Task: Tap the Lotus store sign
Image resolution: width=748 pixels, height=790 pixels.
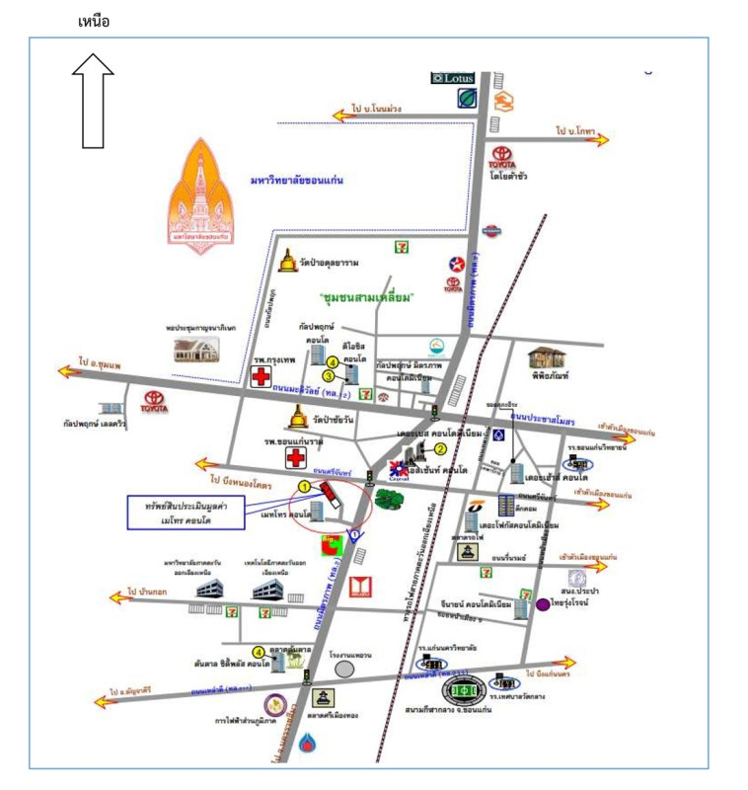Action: click(x=453, y=77)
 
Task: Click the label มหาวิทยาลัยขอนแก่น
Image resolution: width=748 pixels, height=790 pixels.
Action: click(x=295, y=179)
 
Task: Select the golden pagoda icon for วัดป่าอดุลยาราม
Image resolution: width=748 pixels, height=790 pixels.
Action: click(x=286, y=262)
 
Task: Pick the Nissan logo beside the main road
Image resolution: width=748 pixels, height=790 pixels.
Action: click(x=492, y=231)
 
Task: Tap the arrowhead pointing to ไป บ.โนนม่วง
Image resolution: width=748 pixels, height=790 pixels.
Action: click(x=340, y=116)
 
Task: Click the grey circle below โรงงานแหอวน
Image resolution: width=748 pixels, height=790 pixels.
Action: click(x=344, y=670)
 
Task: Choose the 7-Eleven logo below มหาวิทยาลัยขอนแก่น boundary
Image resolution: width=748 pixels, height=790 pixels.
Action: click(x=403, y=243)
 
